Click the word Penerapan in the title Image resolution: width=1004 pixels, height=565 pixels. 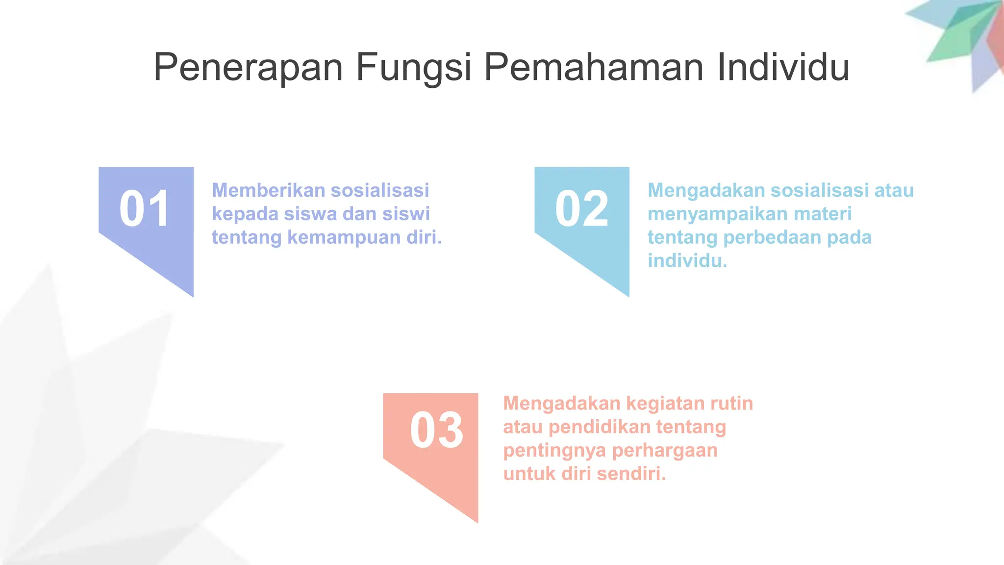(248, 68)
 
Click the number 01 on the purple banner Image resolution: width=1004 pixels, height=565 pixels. (145, 209)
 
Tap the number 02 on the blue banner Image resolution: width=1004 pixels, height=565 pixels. (581, 209)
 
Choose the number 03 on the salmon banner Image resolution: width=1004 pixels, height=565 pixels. (436, 431)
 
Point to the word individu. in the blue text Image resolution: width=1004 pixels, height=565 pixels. (687, 260)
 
